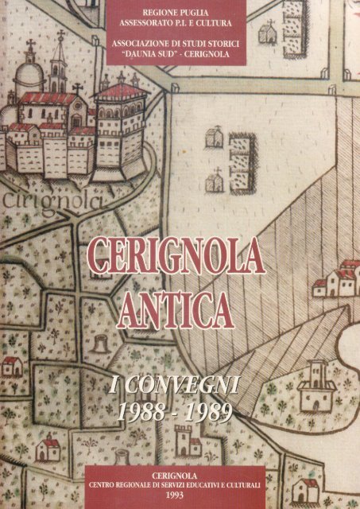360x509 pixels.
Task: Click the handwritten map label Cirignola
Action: (x=49, y=200)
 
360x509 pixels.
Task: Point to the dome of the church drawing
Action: (x=28, y=79)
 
